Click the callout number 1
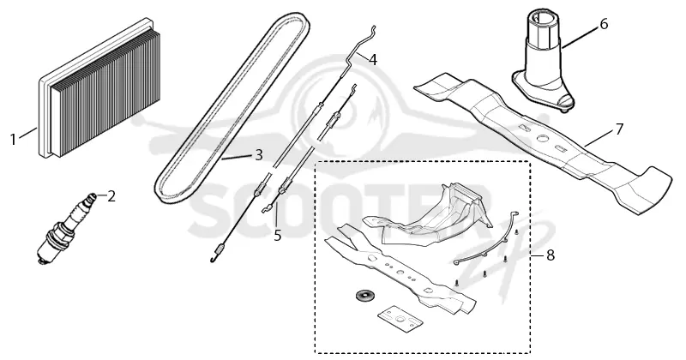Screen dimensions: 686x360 (13, 140)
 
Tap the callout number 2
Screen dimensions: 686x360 (111, 196)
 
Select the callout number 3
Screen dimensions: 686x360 (259, 154)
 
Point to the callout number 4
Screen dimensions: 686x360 (372, 59)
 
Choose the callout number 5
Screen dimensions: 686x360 (278, 236)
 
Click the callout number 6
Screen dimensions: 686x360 (604, 24)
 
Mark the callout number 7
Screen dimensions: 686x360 (618, 129)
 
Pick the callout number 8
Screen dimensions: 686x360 (551, 255)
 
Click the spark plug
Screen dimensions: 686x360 (66, 227)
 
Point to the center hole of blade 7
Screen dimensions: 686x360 (543, 139)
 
